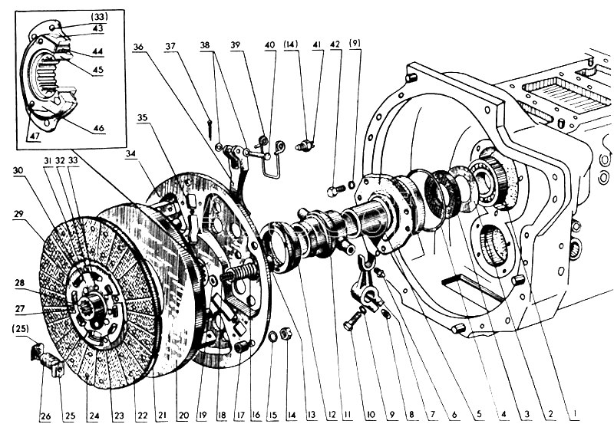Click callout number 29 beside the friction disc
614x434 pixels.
click(x=18, y=214)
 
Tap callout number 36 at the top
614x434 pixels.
click(x=138, y=47)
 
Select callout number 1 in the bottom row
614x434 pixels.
click(x=574, y=413)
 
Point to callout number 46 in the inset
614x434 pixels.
click(x=99, y=128)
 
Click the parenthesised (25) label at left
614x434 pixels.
click(x=20, y=329)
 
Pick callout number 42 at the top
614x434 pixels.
click(x=335, y=44)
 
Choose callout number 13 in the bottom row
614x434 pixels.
click(x=311, y=415)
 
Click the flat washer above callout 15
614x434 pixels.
click(x=272, y=335)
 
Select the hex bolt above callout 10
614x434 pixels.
click(x=352, y=321)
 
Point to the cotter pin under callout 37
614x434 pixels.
click(x=210, y=128)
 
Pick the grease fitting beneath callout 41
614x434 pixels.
click(x=305, y=146)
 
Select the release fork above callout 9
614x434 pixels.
click(x=370, y=286)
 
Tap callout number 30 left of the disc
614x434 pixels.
click(x=18, y=171)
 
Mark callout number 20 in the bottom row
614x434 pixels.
click(x=183, y=415)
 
